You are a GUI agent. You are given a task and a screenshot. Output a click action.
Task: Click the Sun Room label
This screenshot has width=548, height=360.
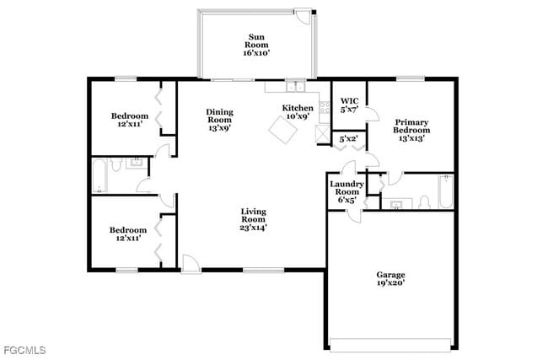(x=256, y=44)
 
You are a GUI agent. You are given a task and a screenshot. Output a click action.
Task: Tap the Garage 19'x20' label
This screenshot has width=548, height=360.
(x=390, y=279)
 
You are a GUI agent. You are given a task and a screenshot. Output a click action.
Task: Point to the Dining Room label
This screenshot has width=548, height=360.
(x=220, y=121)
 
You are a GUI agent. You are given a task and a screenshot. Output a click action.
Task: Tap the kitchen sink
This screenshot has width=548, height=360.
(x=294, y=86)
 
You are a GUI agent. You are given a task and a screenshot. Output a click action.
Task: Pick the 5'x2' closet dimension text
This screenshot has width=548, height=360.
(x=347, y=138)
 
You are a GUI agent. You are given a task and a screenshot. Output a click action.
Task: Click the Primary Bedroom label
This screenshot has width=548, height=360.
(x=411, y=130)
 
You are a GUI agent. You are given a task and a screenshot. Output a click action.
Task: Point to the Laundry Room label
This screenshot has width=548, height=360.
(x=347, y=192)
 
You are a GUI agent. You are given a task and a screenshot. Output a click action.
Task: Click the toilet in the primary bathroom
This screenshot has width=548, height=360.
(x=424, y=201)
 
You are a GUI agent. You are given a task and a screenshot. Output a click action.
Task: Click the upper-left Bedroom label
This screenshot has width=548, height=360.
(x=130, y=120)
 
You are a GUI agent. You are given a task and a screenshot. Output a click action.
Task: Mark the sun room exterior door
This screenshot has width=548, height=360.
(x=302, y=14)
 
